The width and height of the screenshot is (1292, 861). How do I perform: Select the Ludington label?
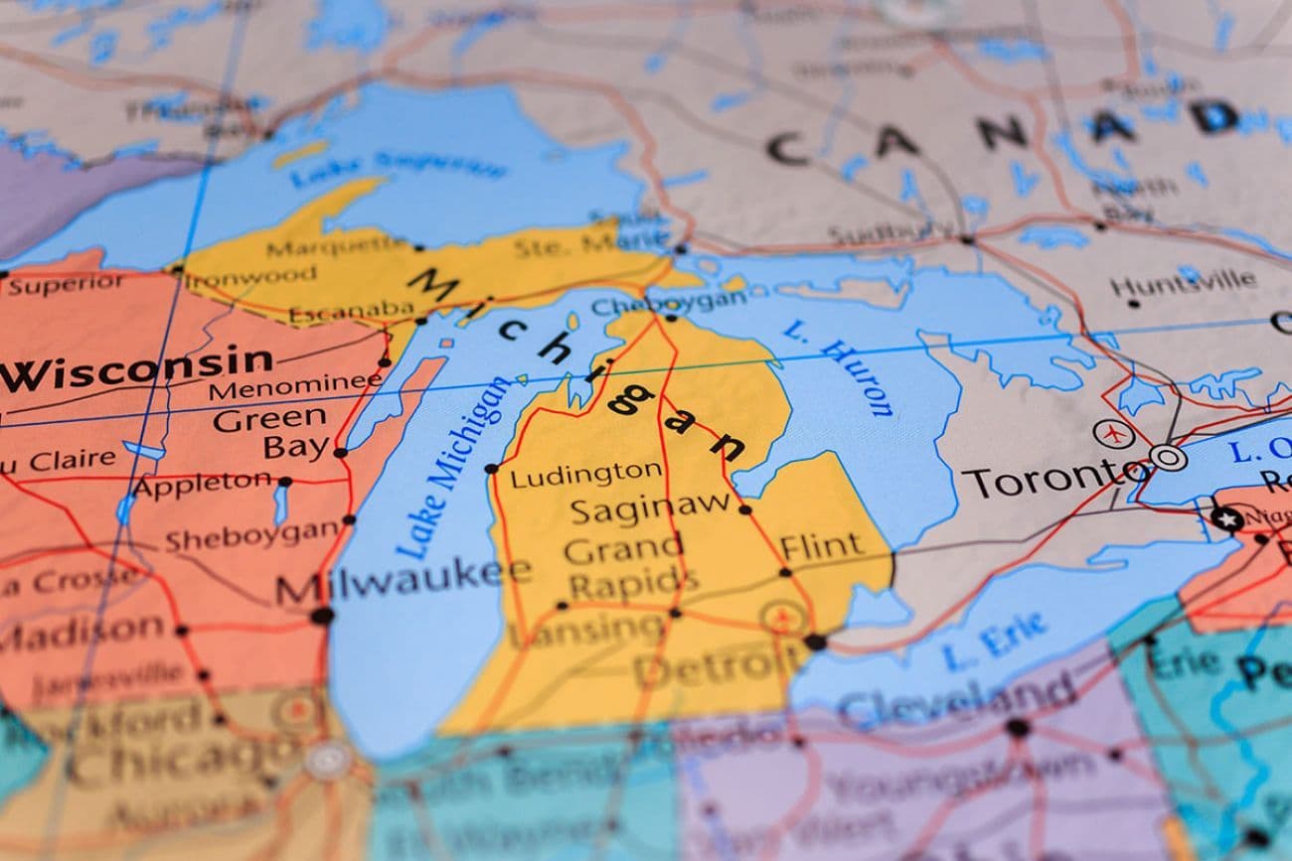585,474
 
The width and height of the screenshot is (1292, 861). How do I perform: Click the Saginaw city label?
650,510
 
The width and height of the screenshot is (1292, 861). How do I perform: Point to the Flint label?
821,546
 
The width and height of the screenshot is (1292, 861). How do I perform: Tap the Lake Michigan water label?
452,467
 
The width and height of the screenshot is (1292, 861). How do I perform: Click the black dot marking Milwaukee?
321,616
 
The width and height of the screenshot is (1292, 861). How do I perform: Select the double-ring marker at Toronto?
1168,458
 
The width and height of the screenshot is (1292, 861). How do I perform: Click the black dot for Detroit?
814,642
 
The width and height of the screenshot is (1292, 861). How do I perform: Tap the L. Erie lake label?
994,642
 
